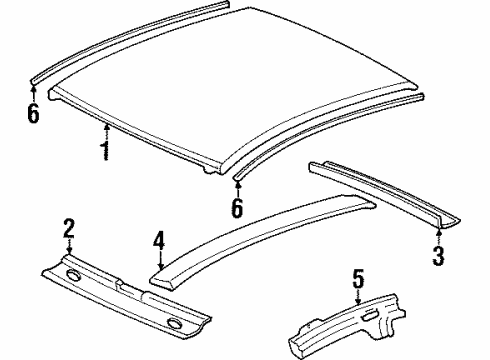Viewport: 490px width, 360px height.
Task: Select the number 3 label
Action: click(437, 257)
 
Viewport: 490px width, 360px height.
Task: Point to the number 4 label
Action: click(157, 242)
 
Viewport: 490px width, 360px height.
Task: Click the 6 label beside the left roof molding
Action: click(33, 114)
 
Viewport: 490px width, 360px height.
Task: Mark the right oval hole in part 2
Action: click(175, 321)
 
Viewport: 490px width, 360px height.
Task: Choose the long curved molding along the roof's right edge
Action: click(330, 130)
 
